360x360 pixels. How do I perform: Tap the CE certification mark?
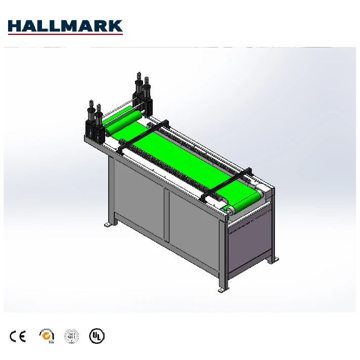click(x=17, y=336)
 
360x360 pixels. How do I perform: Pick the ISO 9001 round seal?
click(x=71, y=336)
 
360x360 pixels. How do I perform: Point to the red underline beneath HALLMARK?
click(x=65, y=34)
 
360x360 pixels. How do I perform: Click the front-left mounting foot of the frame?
click(x=108, y=224)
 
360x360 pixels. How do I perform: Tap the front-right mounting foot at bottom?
click(x=222, y=290)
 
